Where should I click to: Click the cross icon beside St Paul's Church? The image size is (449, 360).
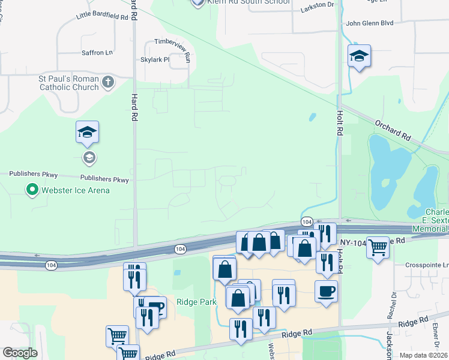(108, 82)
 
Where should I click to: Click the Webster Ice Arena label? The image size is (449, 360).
(75, 191)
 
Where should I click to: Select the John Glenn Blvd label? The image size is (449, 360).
(369, 23)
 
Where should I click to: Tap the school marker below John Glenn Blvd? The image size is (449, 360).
(359, 56)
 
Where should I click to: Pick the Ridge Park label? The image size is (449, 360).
(196, 302)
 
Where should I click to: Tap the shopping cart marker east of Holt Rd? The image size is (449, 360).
(378, 245)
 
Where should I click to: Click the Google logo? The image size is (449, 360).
(20, 353)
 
